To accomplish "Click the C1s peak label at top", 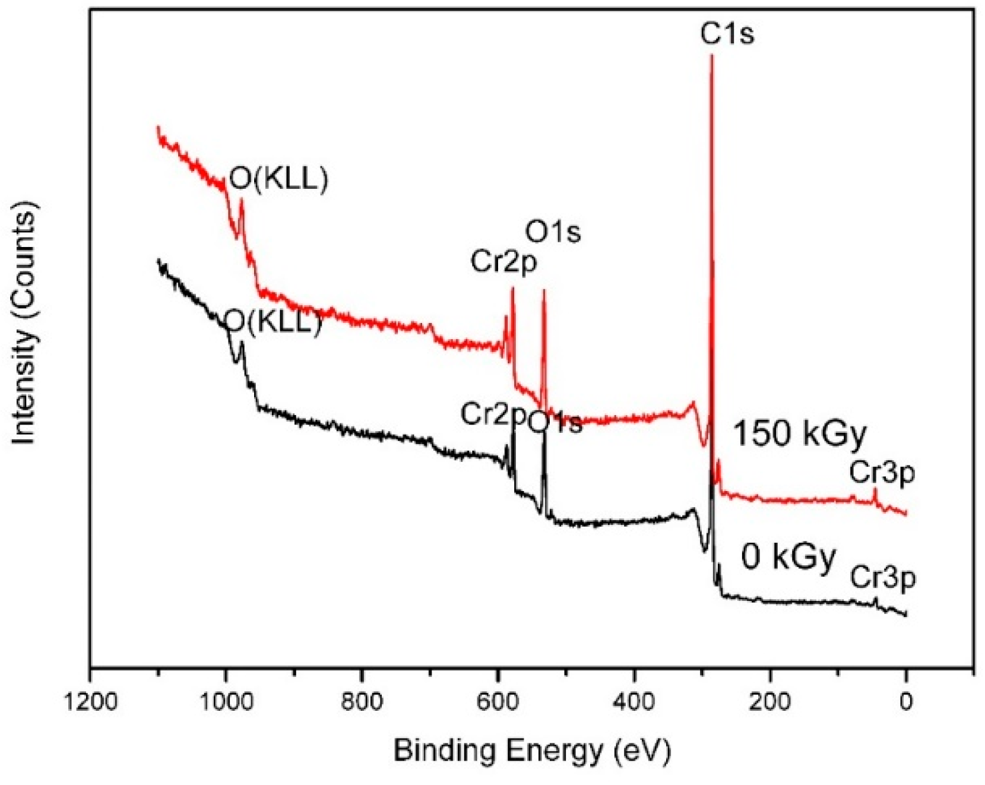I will [727, 33].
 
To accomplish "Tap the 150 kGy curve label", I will [800, 433].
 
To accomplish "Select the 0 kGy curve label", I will [788, 557].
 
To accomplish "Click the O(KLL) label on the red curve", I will [278, 179].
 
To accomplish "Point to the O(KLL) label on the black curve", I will [273, 322].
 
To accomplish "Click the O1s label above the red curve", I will [553, 232].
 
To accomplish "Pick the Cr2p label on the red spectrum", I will [503, 262].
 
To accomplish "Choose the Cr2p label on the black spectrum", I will [493, 414].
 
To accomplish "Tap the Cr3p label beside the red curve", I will [882, 473].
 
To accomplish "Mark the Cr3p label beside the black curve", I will [882, 577].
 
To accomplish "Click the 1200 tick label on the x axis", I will [91, 702].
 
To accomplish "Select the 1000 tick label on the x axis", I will [226, 702].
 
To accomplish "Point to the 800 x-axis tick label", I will [362, 702].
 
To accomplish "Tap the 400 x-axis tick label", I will [634, 702].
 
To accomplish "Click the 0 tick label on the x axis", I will [906, 702].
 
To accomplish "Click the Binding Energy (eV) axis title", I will [532, 751].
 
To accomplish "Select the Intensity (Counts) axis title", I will [25, 324].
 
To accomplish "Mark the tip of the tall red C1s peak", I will [711, 55].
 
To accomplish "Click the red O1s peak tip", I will [543, 291].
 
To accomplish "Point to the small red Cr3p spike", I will [875, 490].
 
